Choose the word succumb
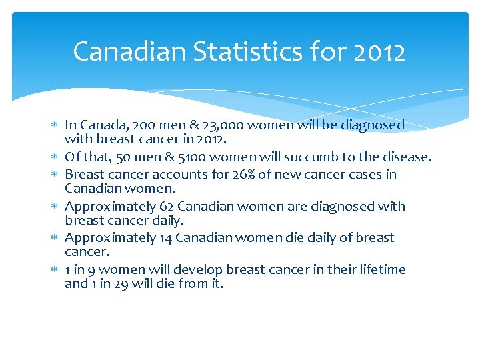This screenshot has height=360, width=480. pyautogui.click(x=325, y=157)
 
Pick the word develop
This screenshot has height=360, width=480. pyautogui.click(x=199, y=269)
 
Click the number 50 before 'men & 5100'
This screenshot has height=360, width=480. pyautogui.click(x=123, y=157)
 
